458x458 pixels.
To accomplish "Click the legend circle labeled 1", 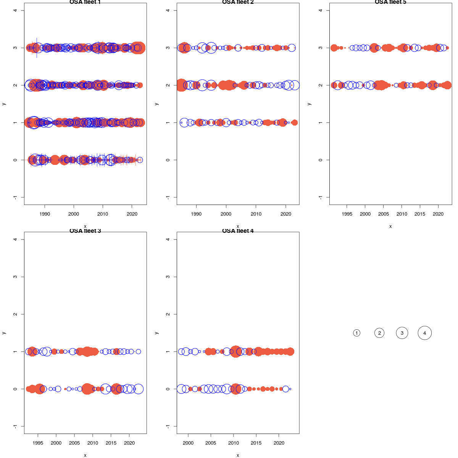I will point(356,333).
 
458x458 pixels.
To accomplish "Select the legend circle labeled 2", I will point(379,333).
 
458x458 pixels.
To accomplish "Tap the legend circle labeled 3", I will point(402,333).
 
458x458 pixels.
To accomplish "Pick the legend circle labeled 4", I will point(424,333).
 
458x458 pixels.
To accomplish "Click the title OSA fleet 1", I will point(85,2).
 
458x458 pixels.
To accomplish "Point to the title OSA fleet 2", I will point(238,2).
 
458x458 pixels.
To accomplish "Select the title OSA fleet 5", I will point(390,2).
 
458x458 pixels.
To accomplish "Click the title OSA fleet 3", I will point(85,231).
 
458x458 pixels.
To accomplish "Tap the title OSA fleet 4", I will point(238,231).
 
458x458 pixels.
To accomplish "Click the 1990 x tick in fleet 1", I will point(45,214).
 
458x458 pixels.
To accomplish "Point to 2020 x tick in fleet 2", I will point(286,214).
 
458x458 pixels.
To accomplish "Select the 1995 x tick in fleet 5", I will point(347,214).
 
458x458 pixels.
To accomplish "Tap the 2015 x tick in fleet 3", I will point(111,443).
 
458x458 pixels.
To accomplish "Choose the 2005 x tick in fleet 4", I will point(211,443).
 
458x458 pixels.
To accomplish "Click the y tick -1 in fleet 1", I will point(15,197).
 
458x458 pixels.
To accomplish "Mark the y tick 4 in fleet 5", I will point(321,10).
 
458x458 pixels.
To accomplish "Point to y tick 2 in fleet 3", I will point(15,314).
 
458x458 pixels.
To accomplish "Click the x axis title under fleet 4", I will point(238,455).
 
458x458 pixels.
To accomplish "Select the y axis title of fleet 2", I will point(156,104).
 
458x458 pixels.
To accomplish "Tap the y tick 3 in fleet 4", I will point(168,277).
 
